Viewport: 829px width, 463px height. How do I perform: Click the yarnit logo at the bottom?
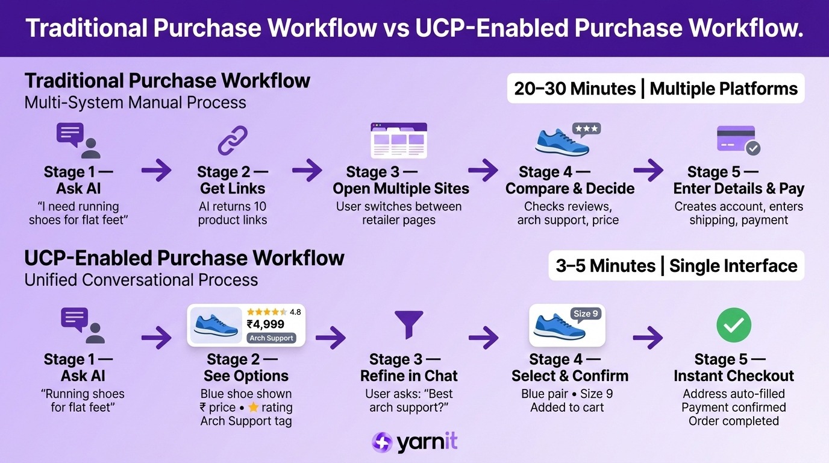coord(414,443)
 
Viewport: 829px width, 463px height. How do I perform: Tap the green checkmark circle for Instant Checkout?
coord(733,325)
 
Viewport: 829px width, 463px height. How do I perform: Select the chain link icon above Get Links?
coord(233,140)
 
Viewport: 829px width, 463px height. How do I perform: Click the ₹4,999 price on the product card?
coord(266,324)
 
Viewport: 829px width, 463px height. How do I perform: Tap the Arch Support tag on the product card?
coord(272,338)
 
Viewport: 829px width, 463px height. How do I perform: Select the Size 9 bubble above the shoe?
coord(586,313)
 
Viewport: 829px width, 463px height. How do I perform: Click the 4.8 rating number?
coord(295,312)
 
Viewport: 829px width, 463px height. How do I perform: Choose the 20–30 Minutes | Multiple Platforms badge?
coord(655,89)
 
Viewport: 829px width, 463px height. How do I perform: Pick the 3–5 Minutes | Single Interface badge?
coord(676,266)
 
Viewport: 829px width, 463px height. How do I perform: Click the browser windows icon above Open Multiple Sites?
coord(398,140)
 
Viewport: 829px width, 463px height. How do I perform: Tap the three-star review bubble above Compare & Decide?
coord(586,129)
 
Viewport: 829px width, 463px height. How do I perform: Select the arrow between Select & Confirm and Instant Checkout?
coord(648,338)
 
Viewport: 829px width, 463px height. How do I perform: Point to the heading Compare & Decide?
coord(569,189)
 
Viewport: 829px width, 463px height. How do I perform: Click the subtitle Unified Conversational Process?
coord(141,280)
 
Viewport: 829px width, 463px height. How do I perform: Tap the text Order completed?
coord(733,421)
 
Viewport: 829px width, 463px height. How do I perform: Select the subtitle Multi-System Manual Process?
coord(135,102)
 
